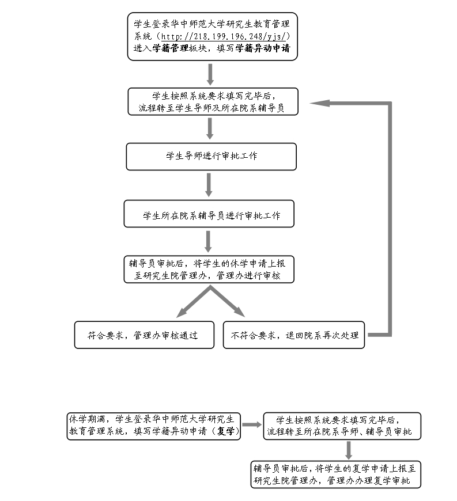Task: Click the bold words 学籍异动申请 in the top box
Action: [x=263, y=48]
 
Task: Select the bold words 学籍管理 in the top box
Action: [x=171, y=48]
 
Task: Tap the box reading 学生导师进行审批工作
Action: [x=211, y=157]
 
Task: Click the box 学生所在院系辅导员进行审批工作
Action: [x=209, y=214]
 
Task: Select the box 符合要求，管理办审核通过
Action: [x=144, y=335]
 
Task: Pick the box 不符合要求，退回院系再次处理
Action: [x=294, y=335]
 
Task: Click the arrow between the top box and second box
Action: [x=210, y=74]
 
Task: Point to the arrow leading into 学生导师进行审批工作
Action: [x=210, y=129]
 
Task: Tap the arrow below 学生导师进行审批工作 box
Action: [x=209, y=185]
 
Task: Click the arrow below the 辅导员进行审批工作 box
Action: [x=208, y=241]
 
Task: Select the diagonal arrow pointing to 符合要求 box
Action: [x=193, y=302]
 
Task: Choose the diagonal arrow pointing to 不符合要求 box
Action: [x=228, y=301]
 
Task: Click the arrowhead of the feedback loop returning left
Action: [x=319, y=103]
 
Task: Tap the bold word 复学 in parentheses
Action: [x=225, y=431]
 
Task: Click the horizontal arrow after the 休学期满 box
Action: [x=252, y=424]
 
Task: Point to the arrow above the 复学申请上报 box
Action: [x=349, y=450]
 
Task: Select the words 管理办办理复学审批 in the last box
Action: [x=368, y=480]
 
